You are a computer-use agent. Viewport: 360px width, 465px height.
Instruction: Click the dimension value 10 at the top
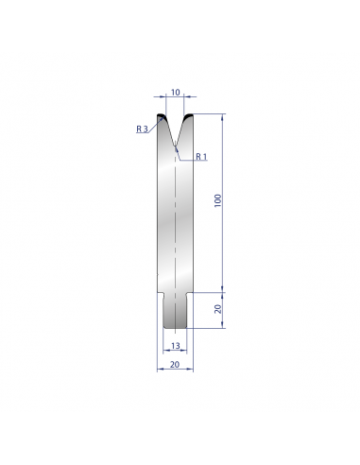pyautogui.click(x=175, y=93)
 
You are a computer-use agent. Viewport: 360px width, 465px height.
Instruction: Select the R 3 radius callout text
pyautogui.click(x=142, y=129)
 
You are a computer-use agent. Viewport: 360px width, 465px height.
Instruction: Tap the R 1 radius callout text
pyautogui.click(x=201, y=156)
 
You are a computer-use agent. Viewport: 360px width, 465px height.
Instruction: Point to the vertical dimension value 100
pyautogui.click(x=218, y=200)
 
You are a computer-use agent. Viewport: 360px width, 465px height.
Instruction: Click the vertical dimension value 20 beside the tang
pyautogui.click(x=218, y=309)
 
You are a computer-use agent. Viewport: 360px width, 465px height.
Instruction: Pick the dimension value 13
pyautogui.click(x=175, y=346)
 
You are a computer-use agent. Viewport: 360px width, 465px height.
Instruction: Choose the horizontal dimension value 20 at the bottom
pyautogui.click(x=175, y=365)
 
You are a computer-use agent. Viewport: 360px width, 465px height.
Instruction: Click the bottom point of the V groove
pyautogui.click(x=175, y=146)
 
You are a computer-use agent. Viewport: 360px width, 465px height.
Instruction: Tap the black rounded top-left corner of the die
pyautogui.click(x=161, y=116)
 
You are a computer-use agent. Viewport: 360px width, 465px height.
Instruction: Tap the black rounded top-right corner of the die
pyautogui.click(x=188, y=116)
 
